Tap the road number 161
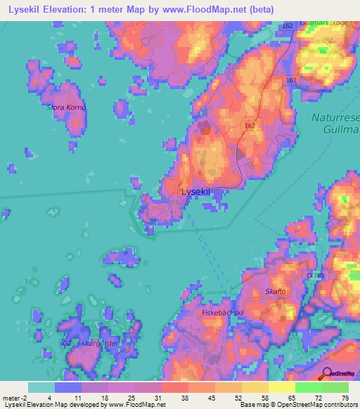291,81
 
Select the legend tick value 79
345,397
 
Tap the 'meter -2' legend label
15,397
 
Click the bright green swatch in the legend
309,387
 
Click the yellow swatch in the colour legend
281,387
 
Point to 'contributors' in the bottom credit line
338,405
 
